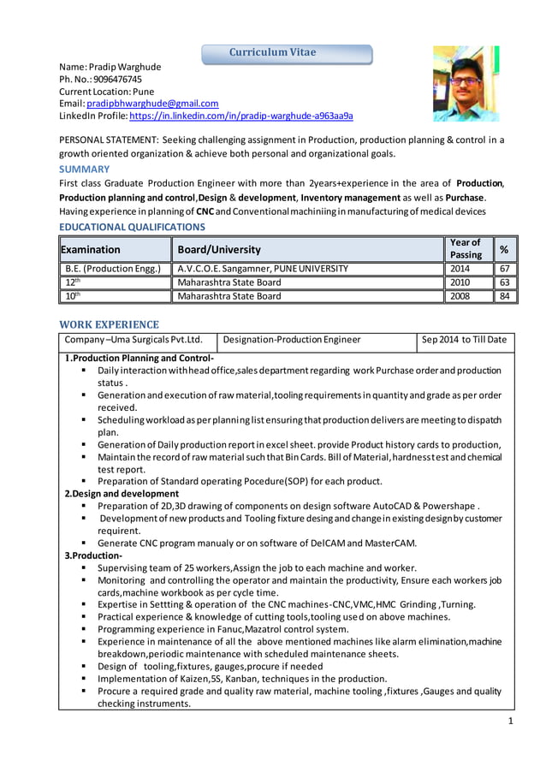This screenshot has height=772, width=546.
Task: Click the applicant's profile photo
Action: (x=465, y=84)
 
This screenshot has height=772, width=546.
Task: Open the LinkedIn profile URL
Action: (x=241, y=115)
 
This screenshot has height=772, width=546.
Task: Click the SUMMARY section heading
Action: (x=84, y=169)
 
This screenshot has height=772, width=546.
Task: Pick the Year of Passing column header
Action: (x=466, y=248)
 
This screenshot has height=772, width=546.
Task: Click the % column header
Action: (x=505, y=249)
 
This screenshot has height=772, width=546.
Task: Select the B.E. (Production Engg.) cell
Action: (x=113, y=269)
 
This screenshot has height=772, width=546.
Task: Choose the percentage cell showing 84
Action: (x=505, y=296)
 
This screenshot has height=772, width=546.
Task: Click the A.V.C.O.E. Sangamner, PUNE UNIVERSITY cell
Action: (x=263, y=269)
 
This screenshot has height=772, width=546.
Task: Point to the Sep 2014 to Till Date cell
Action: (x=465, y=340)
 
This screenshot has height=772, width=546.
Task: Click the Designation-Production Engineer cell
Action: (x=291, y=340)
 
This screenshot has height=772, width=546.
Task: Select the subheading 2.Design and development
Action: (x=122, y=493)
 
